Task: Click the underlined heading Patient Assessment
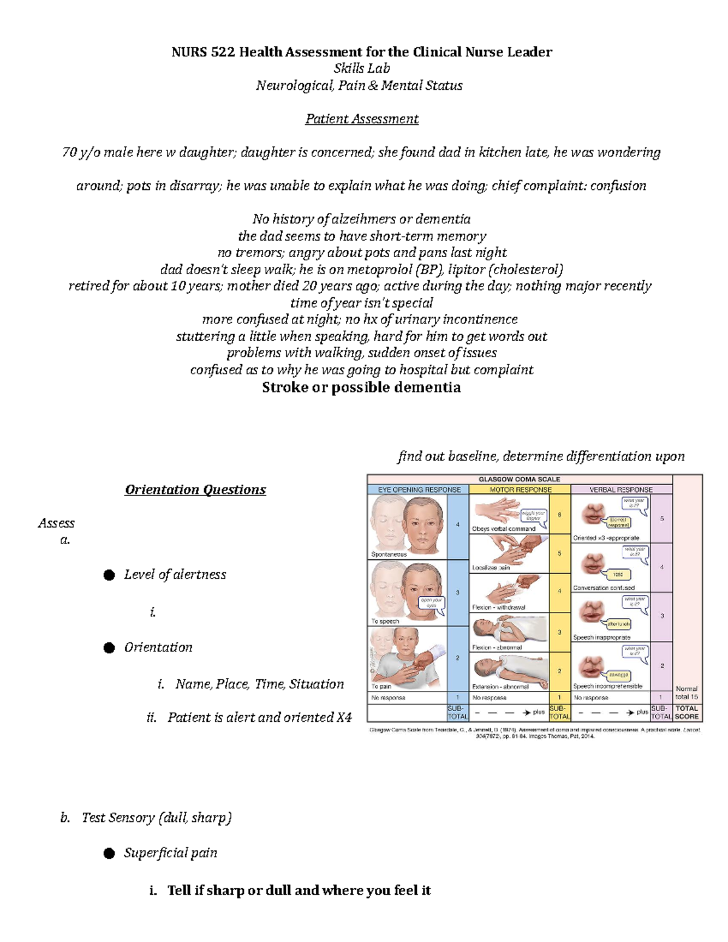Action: point(362,119)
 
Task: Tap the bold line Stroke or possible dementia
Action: point(361,388)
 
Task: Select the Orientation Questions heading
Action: point(195,490)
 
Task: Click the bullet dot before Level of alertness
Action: point(109,575)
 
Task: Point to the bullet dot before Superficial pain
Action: point(109,853)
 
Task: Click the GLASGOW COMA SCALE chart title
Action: point(519,479)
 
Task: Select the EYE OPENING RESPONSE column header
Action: point(419,490)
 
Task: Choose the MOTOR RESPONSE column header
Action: point(521,490)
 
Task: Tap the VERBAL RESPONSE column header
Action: point(621,490)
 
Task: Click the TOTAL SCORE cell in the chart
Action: point(687,712)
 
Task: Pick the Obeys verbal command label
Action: point(504,529)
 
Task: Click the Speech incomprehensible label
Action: point(607,687)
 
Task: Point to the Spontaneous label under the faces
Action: point(389,554)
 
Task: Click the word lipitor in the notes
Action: point(467,269)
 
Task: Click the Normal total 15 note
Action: point(686,693)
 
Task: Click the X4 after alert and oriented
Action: point(343,718)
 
